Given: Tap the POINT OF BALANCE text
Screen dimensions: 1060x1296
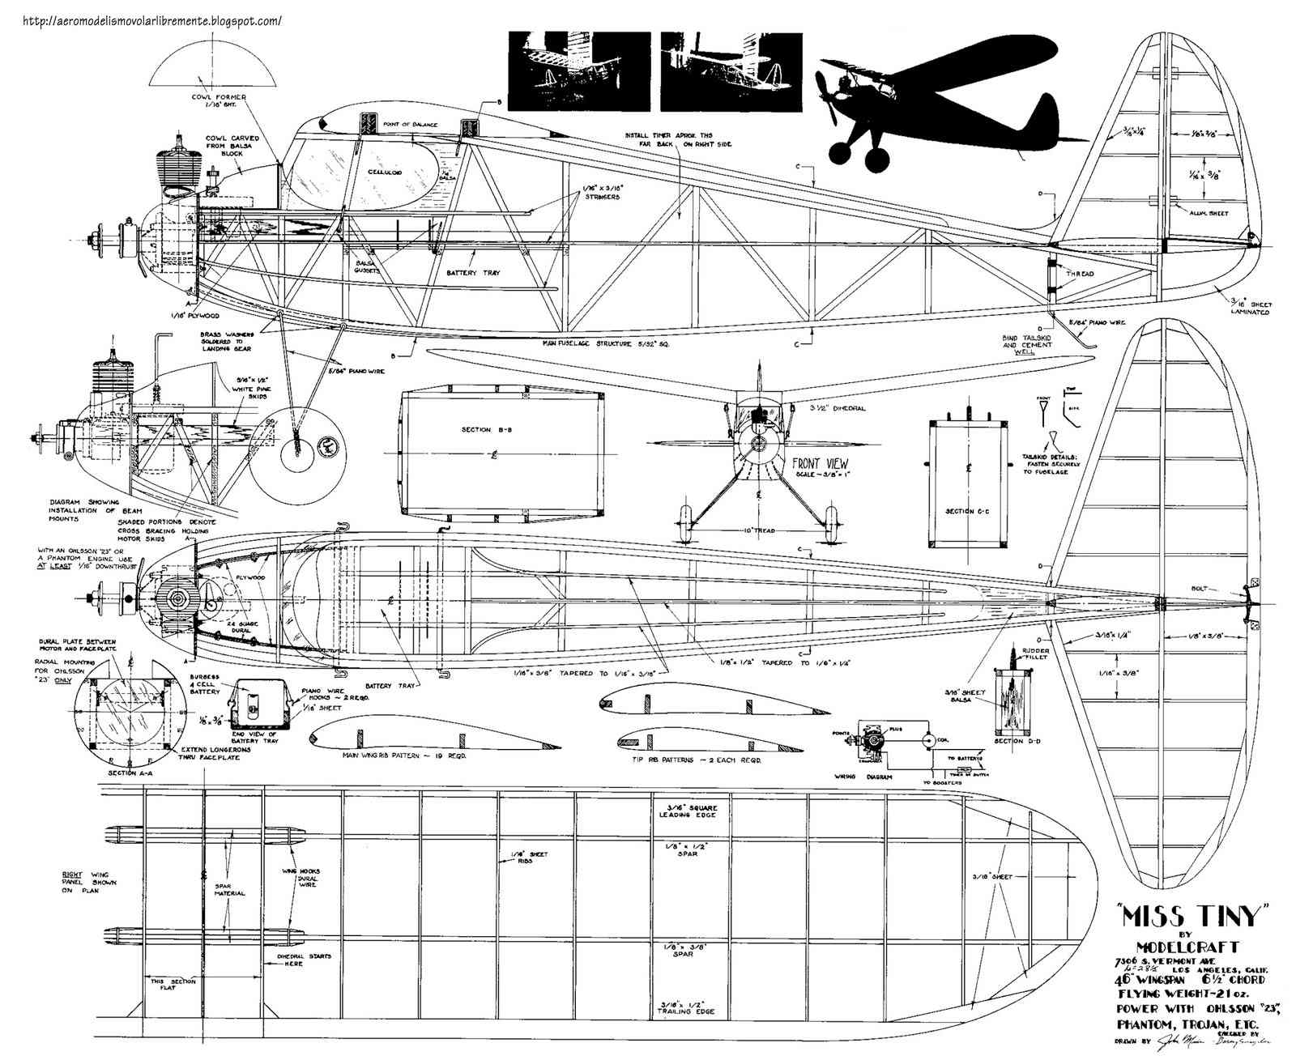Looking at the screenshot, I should pyautogui.click(x=411, y=125).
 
